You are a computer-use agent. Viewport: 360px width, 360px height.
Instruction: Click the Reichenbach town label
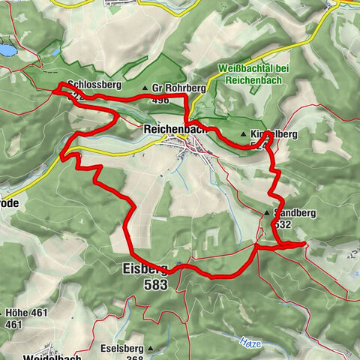point(173,129)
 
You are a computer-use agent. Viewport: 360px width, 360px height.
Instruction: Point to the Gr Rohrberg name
point(182,87)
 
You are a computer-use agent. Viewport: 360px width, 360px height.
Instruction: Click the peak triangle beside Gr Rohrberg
point(145,88)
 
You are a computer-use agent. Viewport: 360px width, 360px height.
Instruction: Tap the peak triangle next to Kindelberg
point(244,135)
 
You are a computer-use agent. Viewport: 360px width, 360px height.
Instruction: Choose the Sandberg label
point(295,213)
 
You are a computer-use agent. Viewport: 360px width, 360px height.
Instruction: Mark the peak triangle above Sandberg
point(266,214)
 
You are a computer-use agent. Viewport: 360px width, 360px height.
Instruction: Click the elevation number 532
point(283,223)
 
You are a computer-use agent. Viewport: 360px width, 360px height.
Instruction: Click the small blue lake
point(6,50)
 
